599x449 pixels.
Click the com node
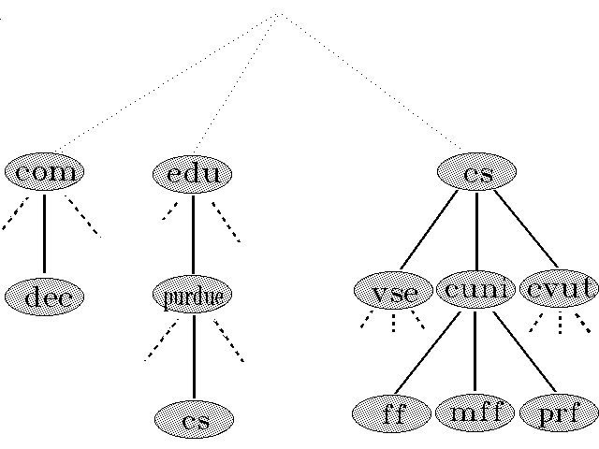tap(44, 172)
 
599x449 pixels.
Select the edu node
tap(192, 174)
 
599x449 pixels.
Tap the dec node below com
tap(44, 297)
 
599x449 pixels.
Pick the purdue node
tap(192, 297)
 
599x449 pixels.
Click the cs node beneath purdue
tap(194, 420)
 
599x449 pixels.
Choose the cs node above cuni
tap(477, 172)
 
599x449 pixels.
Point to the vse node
tap(393, 291)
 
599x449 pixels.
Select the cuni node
tap(475, 289)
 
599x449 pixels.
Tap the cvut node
tap(559, 289)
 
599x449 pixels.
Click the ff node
tap(393, 413)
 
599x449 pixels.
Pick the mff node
tap(475, 413)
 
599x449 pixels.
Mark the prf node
tap(559, 413)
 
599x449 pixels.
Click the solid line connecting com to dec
tap(44, 234)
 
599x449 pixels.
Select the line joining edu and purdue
tap(193, 234)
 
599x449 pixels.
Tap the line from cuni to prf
tap(524, 352)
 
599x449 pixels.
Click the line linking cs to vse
tap(430, 230)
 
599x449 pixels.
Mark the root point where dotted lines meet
tap(279, 13)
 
